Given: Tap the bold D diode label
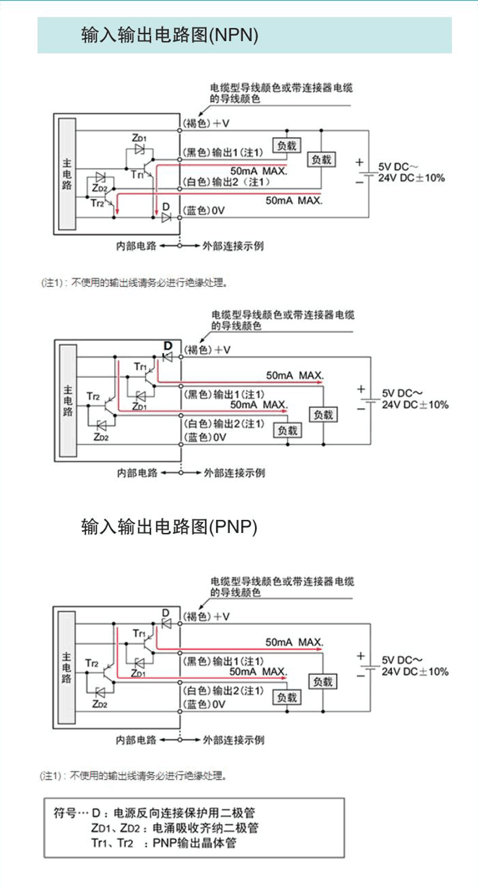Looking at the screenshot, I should pyautogui.click(x=167, y=345).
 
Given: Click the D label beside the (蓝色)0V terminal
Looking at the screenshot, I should pyautogui.click(x=166, y=206).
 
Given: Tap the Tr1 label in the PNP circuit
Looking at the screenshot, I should pyautogui.click(x=140, y=633).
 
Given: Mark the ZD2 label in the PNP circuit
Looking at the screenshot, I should pyautogui.click(x=100, y=704).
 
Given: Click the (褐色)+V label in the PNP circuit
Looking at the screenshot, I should pyautogui.click(x=207, y=616).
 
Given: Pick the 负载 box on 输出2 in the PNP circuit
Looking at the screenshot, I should pyautogui.click(x=287, y=698).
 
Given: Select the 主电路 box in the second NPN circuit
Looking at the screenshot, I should pyautogui.click(x=67, y=401).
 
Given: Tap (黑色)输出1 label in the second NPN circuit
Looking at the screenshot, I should pyautogui.click(x=224, y=394).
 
